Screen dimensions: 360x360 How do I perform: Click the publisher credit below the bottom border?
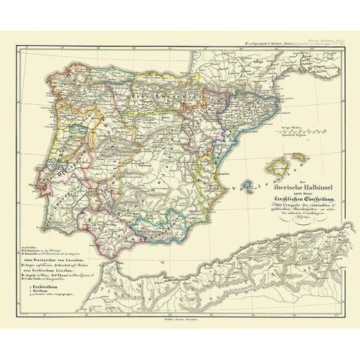180,325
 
